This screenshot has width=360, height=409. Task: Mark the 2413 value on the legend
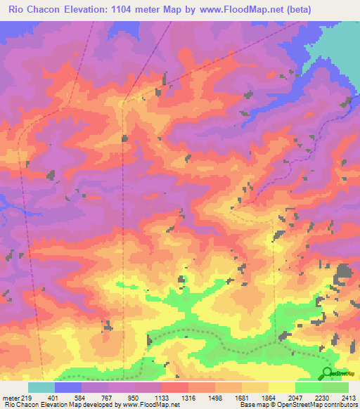coord(348,397)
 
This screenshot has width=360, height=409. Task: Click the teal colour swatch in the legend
coord(41,387)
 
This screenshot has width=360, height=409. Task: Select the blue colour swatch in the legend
coord(68,387)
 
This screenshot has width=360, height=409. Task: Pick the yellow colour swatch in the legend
coord(281,387)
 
